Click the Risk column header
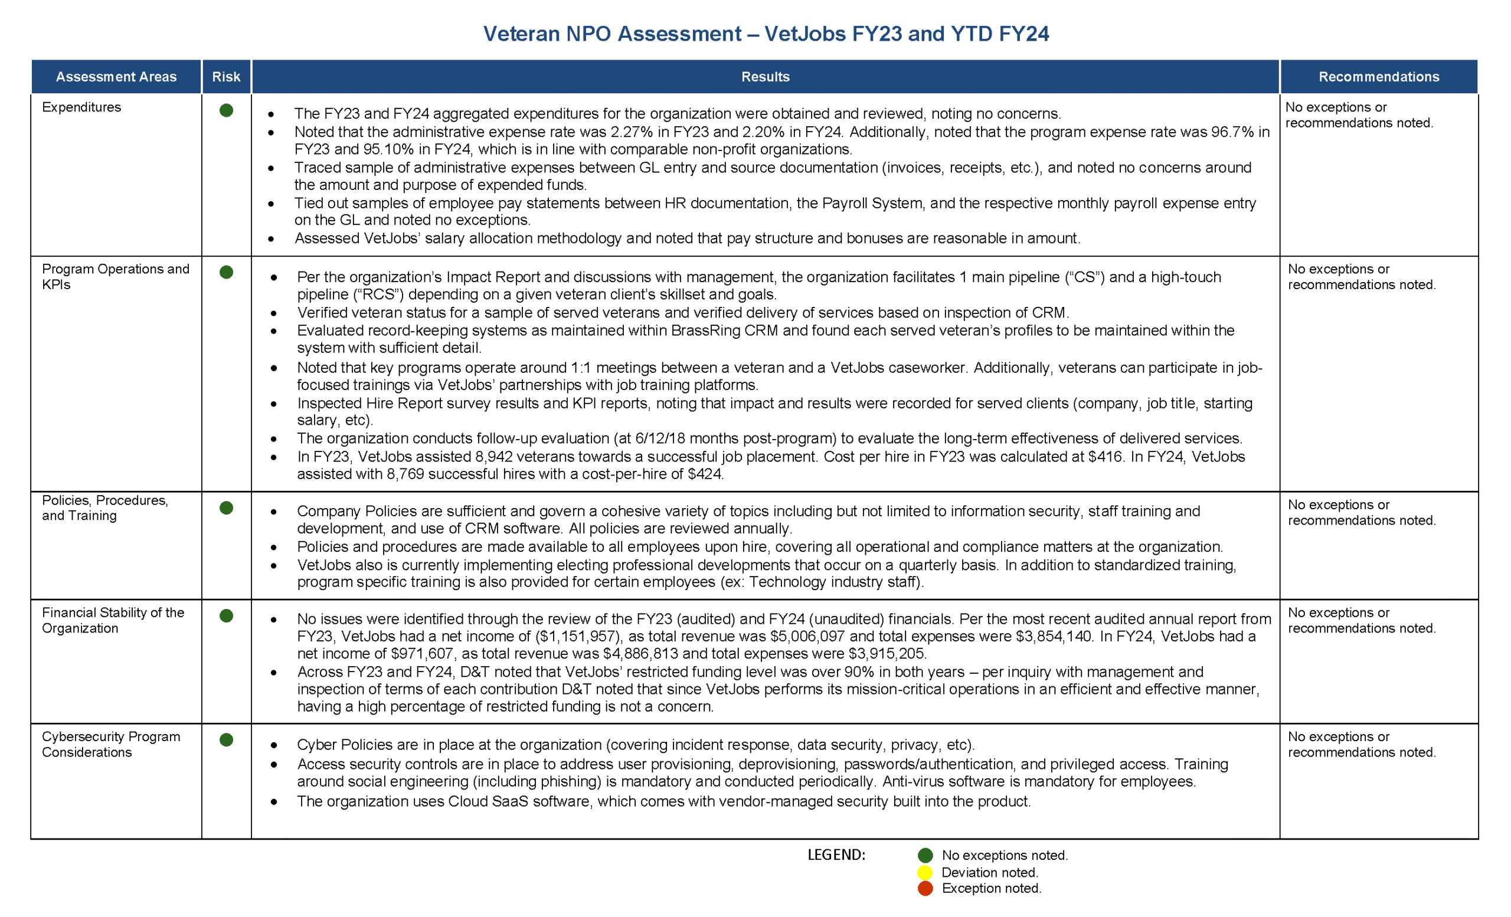[x=225, y=77]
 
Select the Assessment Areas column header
[x=116, y=77]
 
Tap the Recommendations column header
[x=1378, y=77]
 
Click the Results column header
[x=765, y=77]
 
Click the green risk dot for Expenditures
[x=226, y=110]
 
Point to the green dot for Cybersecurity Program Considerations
[x=226, y=739]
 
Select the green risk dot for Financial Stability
[x=226, y=615]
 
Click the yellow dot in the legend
[x=925, y=872]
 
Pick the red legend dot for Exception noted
[x=925, y=888]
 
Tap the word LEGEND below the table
[x=836, y=854]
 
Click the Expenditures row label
[x=81, y=107]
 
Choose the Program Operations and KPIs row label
[x=115, y=276]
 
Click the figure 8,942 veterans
[x=496, y=457]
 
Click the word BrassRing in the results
[x=706, y=330]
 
